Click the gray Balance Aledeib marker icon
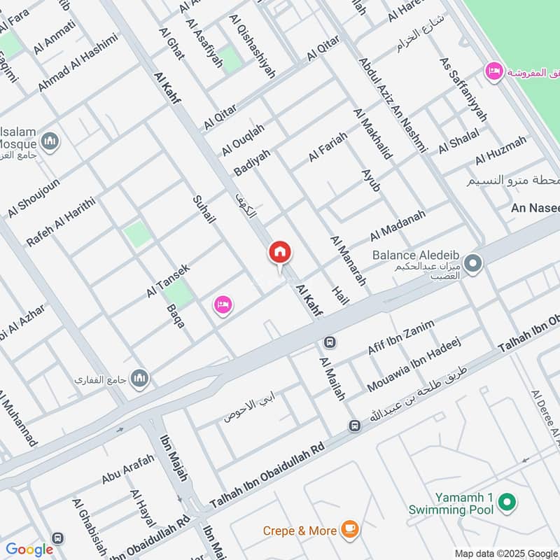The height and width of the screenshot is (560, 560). (x=473, y=264)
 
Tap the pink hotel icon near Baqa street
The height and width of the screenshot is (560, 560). (x=223, y=305)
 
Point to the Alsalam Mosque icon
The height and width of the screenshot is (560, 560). (x=50, y=142)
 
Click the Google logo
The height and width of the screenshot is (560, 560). (x=29, y=549)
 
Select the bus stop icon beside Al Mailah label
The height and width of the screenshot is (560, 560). (x=329, y=343)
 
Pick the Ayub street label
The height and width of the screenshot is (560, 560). (x=371, y=180)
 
